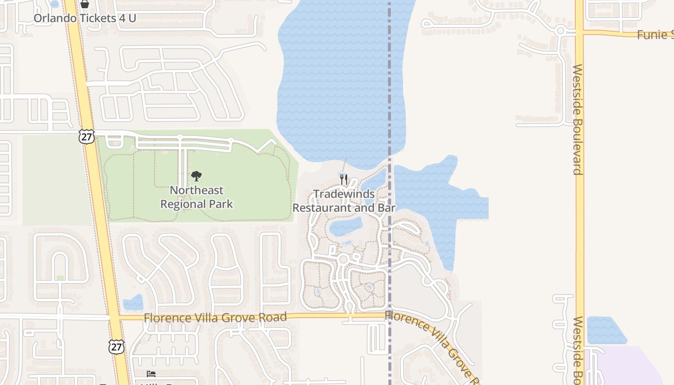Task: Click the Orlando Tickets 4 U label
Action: (85, 18)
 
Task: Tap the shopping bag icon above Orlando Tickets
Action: (85, 4)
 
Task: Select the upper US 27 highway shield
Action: (87, 137)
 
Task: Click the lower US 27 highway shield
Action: (117, 346)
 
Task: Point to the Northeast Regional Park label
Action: (196, 197)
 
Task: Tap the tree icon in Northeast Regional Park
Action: (196, 176)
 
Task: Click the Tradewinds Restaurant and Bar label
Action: (344, 201)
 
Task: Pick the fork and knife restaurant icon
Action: (344, 180)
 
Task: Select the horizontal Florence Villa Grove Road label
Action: (215, 317)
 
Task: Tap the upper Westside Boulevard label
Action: (578, 119)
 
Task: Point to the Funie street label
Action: (655, 35)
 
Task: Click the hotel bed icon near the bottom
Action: (151, 374)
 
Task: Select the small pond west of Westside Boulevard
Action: (606, 330)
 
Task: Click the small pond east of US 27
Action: (133, 303)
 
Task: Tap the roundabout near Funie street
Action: (560, 31)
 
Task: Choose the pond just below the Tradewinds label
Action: (346, 226)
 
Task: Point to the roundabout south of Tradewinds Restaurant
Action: (343, 259)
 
